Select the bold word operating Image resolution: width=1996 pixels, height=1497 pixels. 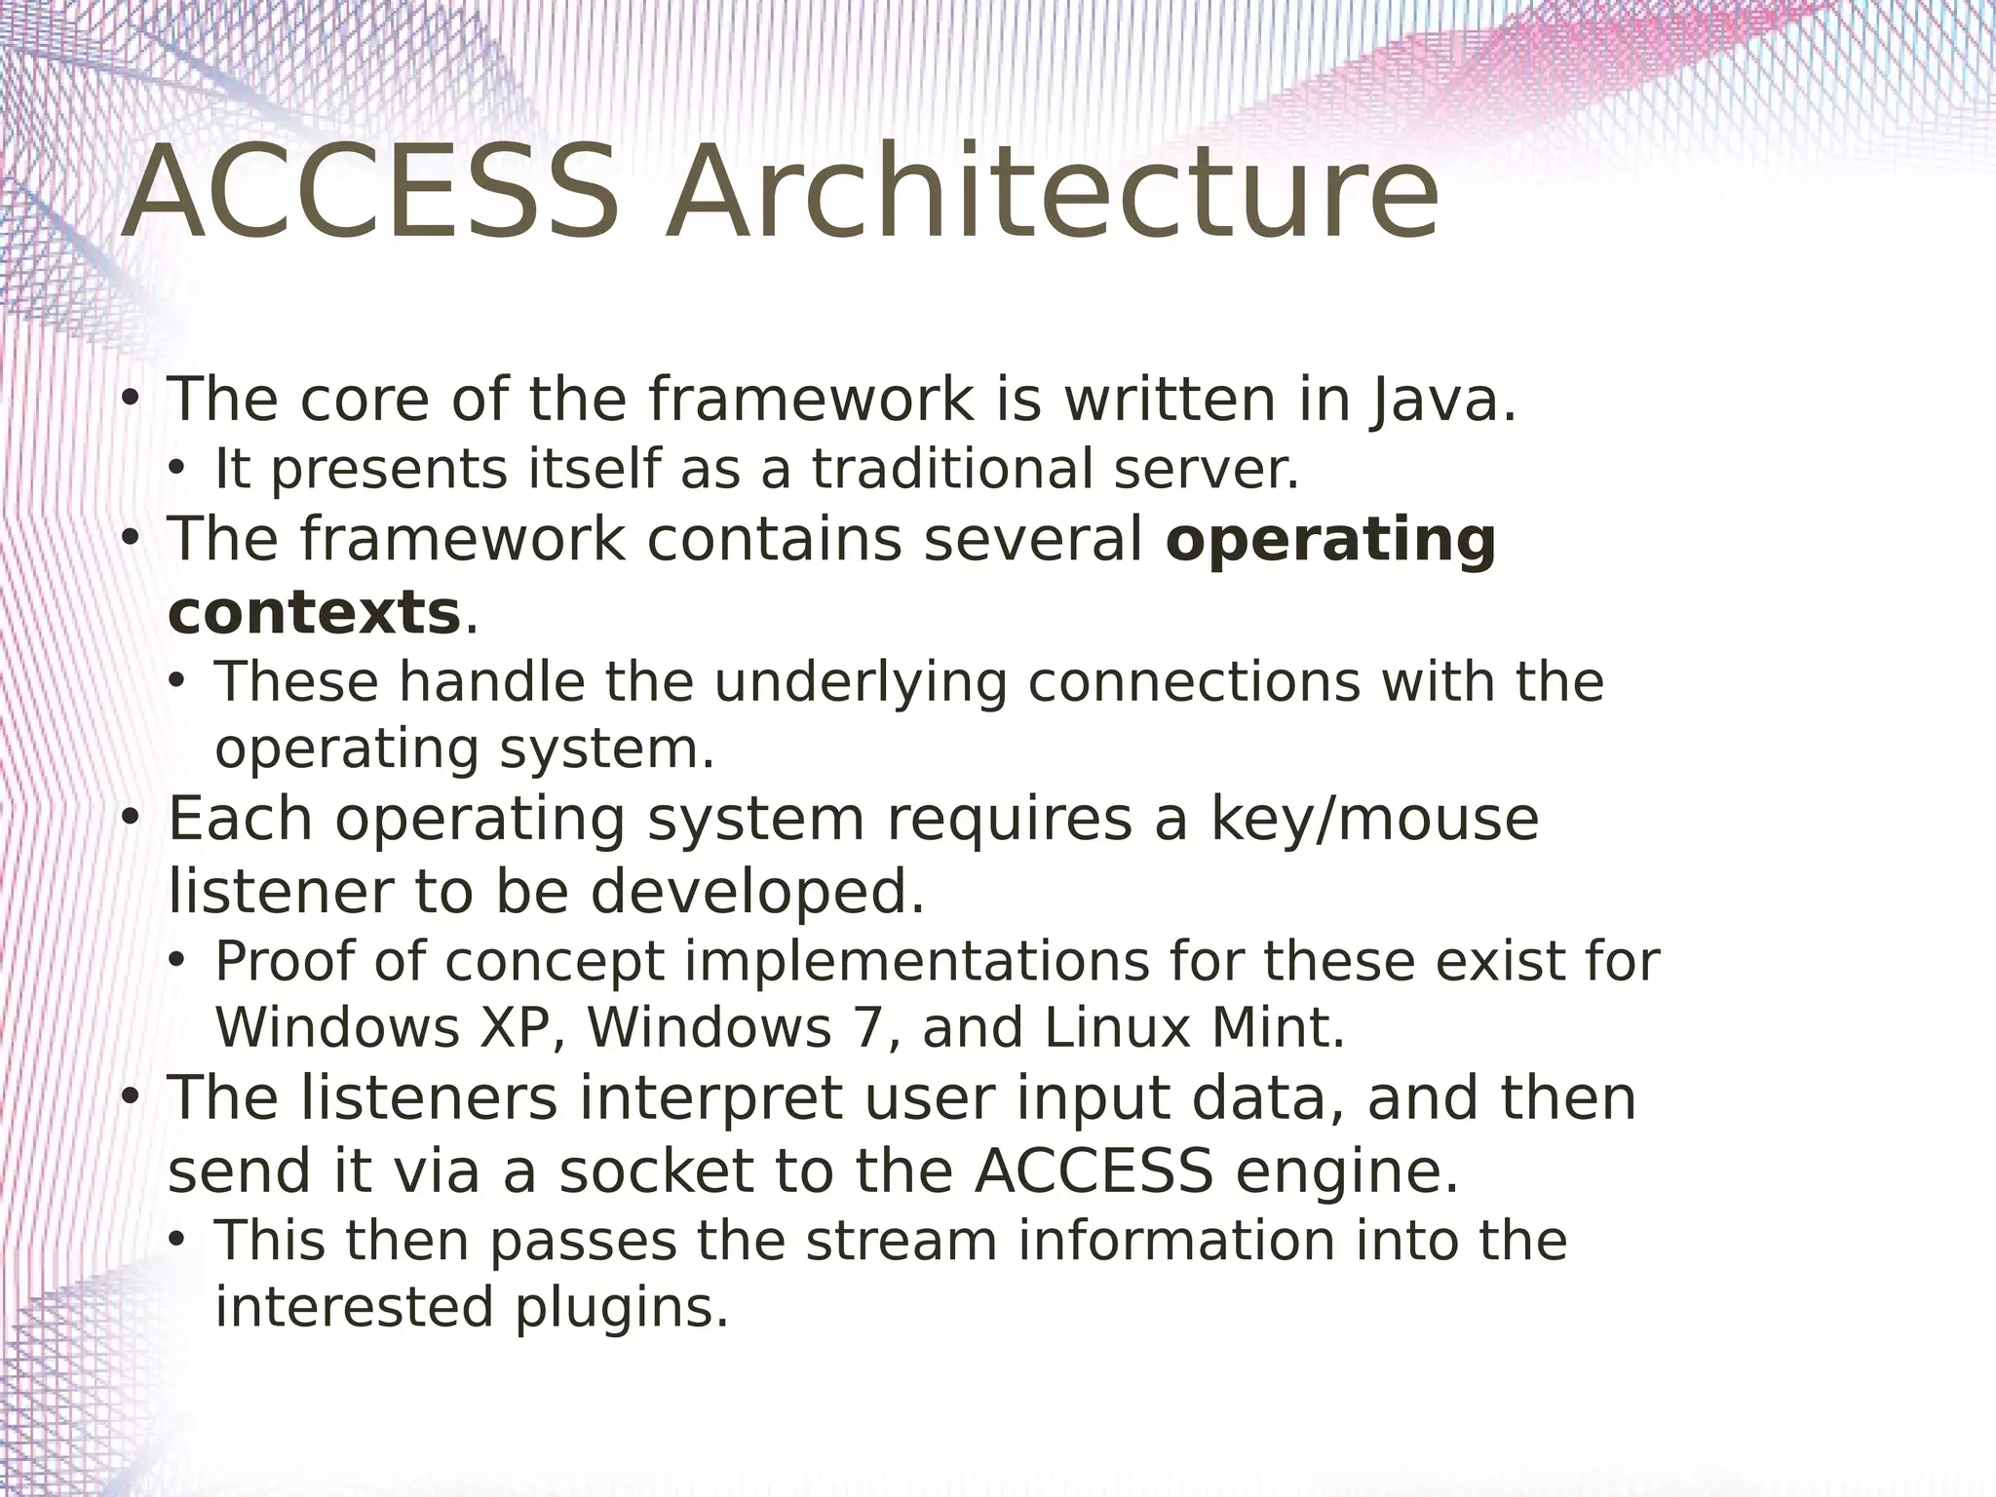coord(1330,540)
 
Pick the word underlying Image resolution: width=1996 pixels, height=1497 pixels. coord(861,681)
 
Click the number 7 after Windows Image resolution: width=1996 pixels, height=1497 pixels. coord(865,1028)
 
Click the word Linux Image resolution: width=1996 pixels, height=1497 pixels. coord(1117,1028)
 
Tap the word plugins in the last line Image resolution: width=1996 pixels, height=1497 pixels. coord(622,1307)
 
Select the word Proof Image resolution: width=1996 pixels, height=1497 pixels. coord(284,961)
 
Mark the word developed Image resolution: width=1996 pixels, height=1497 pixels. coord(758,891)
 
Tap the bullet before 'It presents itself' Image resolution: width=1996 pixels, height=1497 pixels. coord(176,470)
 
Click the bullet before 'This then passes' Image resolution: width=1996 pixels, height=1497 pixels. coord(176,1241)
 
